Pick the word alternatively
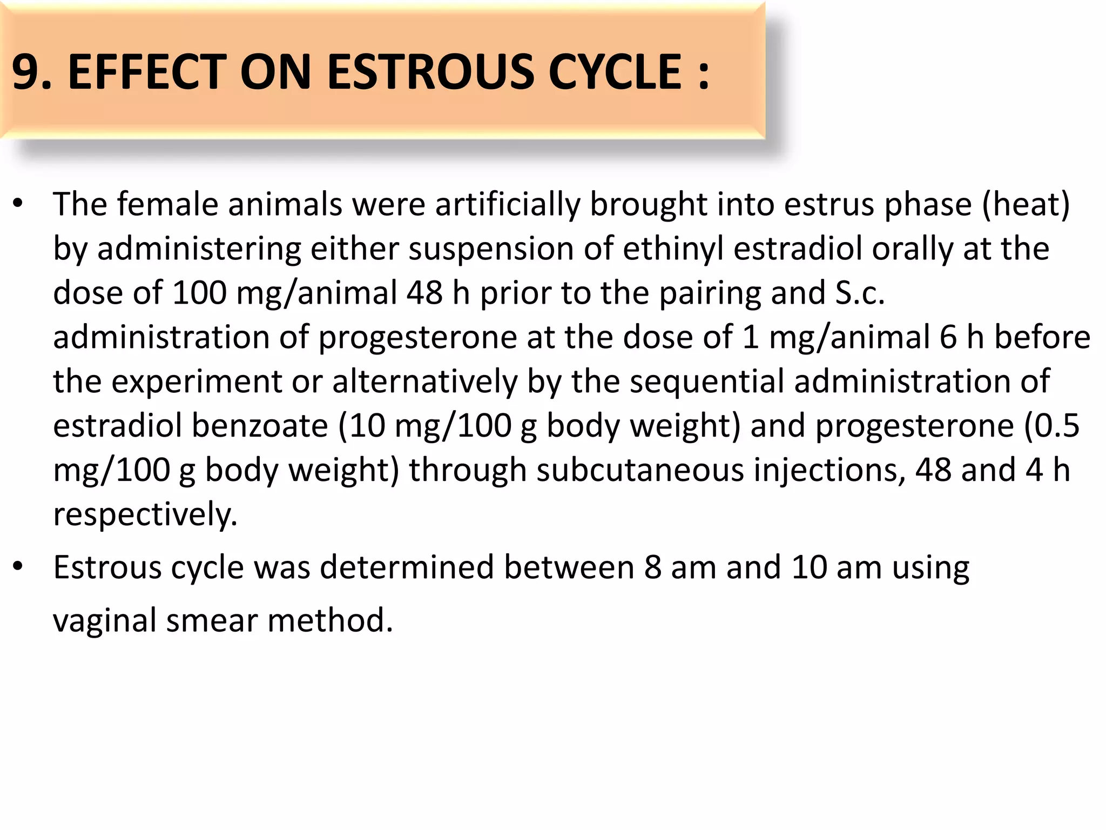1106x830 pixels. pos(424,382)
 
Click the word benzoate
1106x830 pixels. pos(260,426)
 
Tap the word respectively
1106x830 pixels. pos(145,515)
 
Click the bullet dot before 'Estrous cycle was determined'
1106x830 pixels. pos(18,567)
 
